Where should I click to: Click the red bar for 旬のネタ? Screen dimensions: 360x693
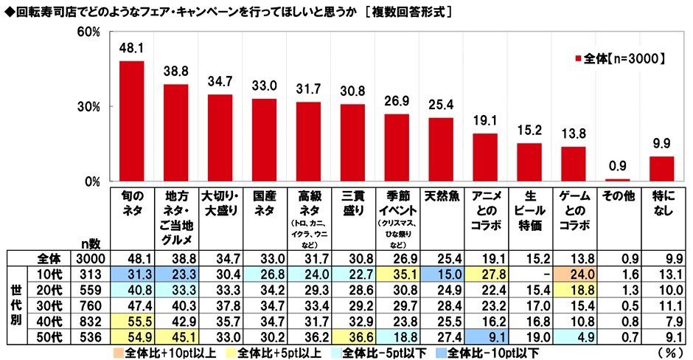(x=132, y=121)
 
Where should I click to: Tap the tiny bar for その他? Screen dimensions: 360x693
(x=617, y=180)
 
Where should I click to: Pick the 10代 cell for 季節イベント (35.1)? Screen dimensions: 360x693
(x=397, y=272)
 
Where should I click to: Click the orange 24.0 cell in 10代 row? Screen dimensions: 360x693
(x=574, y=272)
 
